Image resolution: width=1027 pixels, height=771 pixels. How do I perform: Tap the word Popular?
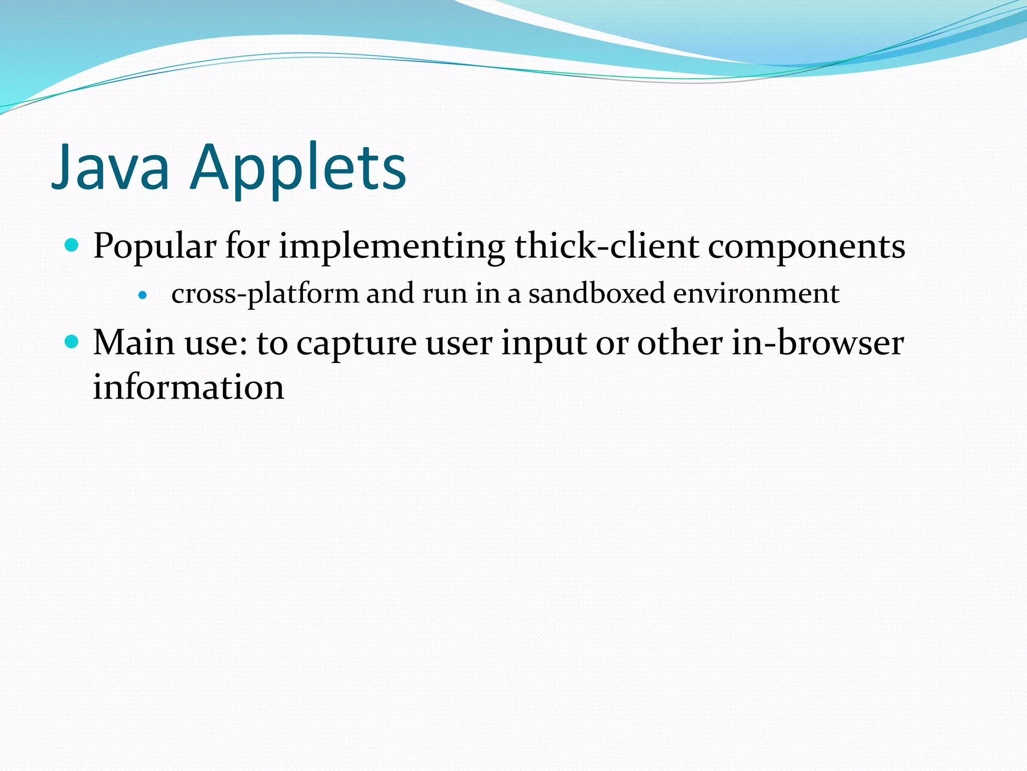[154, 247]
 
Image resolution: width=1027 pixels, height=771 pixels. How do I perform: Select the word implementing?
[392, 247]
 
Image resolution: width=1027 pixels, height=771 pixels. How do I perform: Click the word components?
[806, 247]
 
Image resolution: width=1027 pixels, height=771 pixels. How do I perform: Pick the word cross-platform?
[265, 294]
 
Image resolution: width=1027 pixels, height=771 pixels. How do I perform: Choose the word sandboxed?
[597, 293]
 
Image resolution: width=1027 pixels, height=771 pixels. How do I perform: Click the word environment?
[756, 293]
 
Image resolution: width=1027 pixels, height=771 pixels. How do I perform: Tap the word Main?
[134, 343]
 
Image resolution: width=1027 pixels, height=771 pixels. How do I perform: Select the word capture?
[356, 344]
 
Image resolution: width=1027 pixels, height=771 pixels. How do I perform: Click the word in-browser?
[817, 343]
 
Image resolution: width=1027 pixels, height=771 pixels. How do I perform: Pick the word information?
[189, 387]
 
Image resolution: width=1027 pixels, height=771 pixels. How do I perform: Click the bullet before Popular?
[72, 245]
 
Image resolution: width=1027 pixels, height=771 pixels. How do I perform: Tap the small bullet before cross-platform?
[143, 295]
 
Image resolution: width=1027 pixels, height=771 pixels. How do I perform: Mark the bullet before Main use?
[72, 342]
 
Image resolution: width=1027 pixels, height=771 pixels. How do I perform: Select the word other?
[680, 343]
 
